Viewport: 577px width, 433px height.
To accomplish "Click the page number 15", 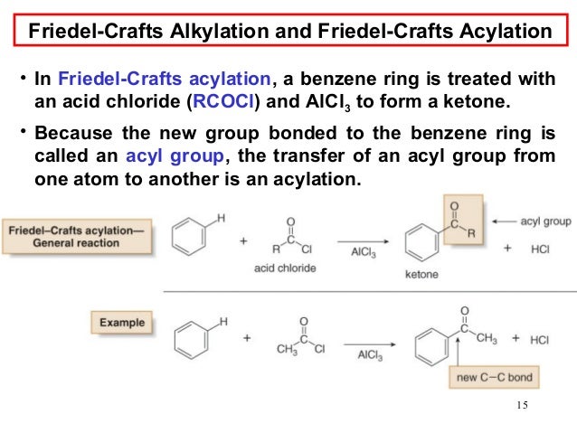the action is click(521, 403).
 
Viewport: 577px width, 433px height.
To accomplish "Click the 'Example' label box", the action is click(121, 322).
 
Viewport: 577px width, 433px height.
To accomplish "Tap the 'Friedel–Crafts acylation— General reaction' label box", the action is click(75, 238).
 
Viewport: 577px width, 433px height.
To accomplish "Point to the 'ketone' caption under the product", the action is click(421, 274).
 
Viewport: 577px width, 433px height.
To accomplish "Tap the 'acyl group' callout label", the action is click(545, 221).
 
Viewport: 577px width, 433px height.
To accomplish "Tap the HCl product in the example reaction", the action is click(539, 340).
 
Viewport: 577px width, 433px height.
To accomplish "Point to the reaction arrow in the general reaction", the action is click(365, 240).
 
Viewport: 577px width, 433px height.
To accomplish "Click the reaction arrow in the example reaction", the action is click(365, 341).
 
